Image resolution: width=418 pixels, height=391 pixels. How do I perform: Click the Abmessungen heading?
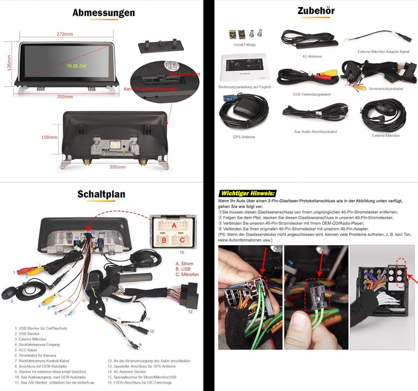(103, 13)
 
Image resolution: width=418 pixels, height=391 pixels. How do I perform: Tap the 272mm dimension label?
(64, 34)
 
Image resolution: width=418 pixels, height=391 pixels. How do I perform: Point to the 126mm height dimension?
(9, 60)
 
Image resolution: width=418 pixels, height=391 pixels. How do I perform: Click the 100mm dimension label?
(49, 138)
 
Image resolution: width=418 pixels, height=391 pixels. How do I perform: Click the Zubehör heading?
(316, 11)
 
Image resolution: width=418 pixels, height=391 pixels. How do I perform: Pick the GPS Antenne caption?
(244, 137)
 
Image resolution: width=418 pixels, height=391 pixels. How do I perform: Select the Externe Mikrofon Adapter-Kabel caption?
(383, 52)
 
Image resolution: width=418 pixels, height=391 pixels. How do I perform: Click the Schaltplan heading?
(102, 194)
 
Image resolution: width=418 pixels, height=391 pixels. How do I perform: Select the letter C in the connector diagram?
(182, 239)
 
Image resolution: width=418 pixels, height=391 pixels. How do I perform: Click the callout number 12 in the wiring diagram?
(190, 311)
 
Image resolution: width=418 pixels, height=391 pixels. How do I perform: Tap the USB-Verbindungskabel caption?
(312, 94)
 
